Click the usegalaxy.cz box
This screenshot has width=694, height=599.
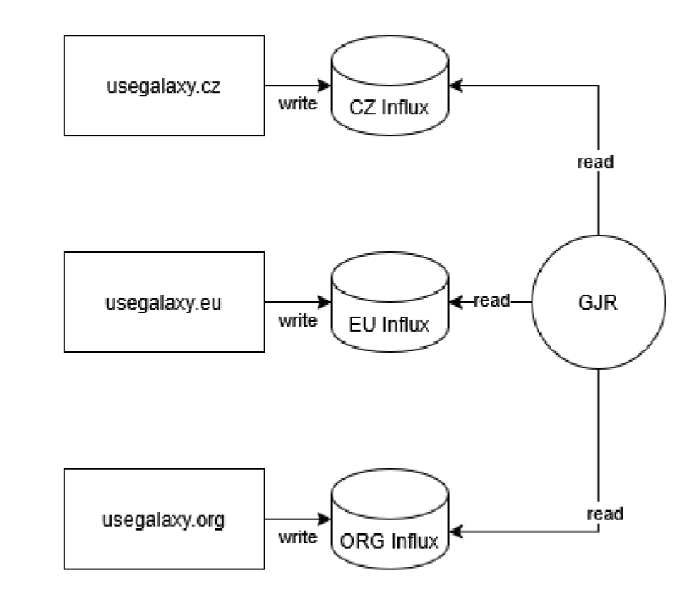click(x=164, y=85)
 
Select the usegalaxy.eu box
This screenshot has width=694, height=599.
click(x=164, y=302)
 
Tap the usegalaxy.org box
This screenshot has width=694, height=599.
click(x=164, y=519)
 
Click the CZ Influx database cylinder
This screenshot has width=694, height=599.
click(x=390, y=85)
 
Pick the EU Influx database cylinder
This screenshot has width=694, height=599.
click(x=390, y=302)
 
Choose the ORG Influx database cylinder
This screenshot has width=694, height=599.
click(x=390, y=519)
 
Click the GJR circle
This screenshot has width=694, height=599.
click(x=599, y=302)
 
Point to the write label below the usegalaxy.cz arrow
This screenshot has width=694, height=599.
click(x=298, y=104)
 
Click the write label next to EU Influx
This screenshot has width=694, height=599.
click(x=298, y=320)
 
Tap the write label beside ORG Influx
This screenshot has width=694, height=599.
click(x=298, y=537)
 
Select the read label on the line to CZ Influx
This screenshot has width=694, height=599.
click(x=595, y=162)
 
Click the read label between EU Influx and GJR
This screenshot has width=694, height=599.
click(x=492, y=301)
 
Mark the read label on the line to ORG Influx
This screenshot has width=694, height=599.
click(x=605, y=514)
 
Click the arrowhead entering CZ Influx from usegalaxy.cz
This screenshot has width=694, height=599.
click(x=325, y=85)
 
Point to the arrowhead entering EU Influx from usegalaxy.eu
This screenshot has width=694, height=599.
click(x=325, y=302)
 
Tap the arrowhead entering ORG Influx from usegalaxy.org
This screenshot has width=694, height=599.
click(x=325, y=519)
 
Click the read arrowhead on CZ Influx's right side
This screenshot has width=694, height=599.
click(x=456, y=85)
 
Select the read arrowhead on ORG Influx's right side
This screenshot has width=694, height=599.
click(x=456, y=531)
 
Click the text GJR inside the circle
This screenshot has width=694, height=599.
click(x=598, y=303)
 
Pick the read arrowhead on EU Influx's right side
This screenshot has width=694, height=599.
click(x=456, y=302)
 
